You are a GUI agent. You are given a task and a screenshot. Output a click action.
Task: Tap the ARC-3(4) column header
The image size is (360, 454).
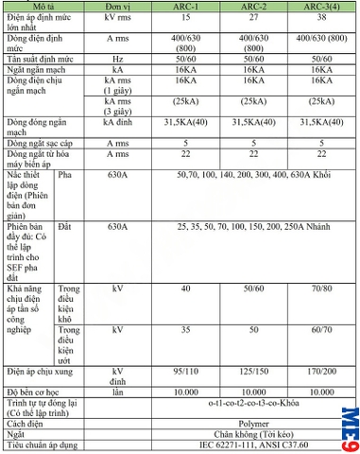coord(318,6)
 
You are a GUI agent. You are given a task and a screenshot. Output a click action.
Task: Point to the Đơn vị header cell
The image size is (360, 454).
coord(118,6)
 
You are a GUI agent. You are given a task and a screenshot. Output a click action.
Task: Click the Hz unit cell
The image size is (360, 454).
coord(117,58)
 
